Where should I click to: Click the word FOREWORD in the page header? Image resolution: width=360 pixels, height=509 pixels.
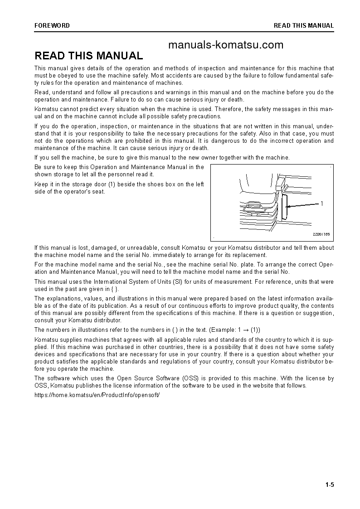click(x=52, y=26)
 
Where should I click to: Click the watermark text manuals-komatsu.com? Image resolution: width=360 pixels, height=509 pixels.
click(x=225, y=44)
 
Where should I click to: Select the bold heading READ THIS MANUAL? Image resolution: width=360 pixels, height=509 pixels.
click(x=89, y=56)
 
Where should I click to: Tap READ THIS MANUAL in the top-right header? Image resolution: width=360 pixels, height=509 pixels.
click(x=303, y=26)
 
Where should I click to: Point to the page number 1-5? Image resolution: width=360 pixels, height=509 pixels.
click(x=329, y=485)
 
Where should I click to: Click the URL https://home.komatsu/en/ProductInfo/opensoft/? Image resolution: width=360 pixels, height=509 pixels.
click(x=97, y=394)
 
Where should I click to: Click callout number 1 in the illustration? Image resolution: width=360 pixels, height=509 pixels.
click(x=321, y=204)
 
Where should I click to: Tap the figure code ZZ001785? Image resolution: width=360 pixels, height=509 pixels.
click(x=321, y=234)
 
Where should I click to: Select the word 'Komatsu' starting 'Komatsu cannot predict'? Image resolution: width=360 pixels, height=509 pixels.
click(x=45, y=109)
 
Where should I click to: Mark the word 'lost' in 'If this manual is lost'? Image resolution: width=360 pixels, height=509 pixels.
click(x=81, y=248)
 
